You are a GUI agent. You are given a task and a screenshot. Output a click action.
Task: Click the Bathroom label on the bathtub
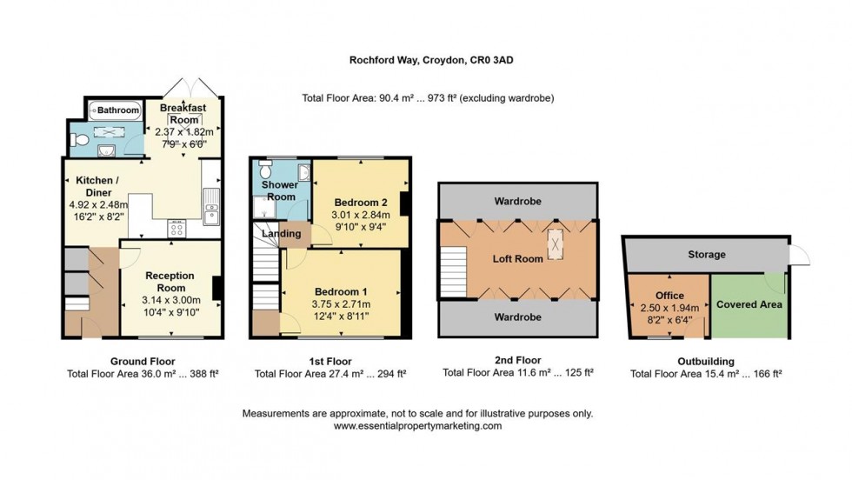pos(117,110)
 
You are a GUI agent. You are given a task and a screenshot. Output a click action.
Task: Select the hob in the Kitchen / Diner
pos(176,228)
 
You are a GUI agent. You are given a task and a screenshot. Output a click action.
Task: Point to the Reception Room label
pos(165,281)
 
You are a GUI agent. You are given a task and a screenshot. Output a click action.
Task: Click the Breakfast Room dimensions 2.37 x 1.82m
pos(183,131)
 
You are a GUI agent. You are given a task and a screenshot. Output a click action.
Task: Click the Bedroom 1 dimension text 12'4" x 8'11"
pos(342,316)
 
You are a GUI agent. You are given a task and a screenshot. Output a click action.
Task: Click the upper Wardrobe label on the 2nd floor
pos(517,201)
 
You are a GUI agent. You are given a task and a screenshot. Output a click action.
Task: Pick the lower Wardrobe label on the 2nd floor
pos(517,317)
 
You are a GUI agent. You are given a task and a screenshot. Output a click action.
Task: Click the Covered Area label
pos(749,304)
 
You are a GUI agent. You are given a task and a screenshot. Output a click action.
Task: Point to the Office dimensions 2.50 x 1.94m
pos(669,309)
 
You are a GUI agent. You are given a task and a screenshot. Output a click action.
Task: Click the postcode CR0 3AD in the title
pos(498,60)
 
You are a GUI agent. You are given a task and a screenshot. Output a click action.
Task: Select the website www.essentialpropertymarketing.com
pos(417,426)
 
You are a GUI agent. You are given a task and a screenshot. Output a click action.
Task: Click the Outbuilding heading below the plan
pos(705,360)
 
